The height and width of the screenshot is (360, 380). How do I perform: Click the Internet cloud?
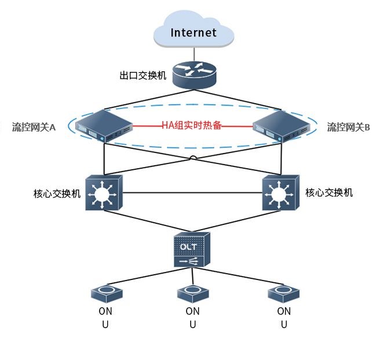point(193,32)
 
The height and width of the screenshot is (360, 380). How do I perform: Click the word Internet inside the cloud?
point(193,32)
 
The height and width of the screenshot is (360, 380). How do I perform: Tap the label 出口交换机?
point(142,76)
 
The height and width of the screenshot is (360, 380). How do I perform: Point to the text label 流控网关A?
point(34,127)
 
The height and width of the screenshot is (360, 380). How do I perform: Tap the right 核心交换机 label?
point(329,192)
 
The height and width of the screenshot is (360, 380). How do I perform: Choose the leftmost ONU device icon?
point(107,293)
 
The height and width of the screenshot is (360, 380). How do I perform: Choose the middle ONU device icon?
point(193,293)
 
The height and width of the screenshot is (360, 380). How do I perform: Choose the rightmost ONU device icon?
point(283,293)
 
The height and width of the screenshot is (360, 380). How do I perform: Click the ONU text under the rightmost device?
point(284,318)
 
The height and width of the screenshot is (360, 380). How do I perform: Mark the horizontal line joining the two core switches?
point(192,192)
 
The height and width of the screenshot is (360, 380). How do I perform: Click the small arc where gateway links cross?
point(192,158)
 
